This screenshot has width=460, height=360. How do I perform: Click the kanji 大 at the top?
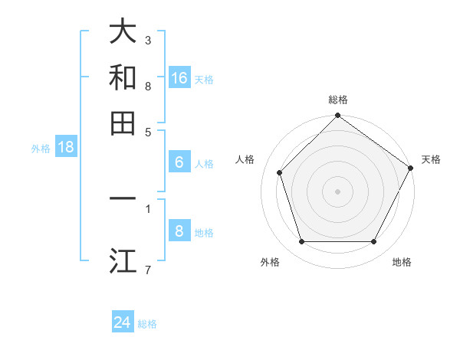pyautogui.click(x=123, y=32)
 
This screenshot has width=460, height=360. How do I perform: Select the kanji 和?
pyautogui.click(x=123, y=78)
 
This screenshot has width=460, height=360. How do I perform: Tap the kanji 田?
pyautogui.click(x=123, y=123)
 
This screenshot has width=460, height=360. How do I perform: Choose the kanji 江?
pyautogui.click(x=123, y=260)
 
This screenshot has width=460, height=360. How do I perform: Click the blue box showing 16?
pyautogui.click(x=179, y=78)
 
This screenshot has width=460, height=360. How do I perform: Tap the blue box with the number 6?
pyautogui.click(x=179, y=162)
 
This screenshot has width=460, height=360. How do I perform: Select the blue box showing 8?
pyautogui.click(x=179, y=231)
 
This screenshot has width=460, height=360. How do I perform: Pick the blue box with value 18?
pyautogui.click(x=66, y=148)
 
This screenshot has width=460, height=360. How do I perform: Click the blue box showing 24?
pyautogui.click(x=123, y=322)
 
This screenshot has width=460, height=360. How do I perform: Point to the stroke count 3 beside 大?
pyautogui.click(x=148, y=40)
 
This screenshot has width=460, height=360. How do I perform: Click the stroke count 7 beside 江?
pyautogui.click(x=148, y=269)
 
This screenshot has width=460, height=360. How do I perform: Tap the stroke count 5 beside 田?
pyautogui.click(x=148, y=132)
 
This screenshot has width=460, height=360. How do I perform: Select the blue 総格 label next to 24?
pyautogui.click(x=147, y=324)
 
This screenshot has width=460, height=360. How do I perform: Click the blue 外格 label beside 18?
pyautogui.click(x=41, y=149)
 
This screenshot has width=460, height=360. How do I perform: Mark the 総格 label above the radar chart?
pyautogui.click(x=337, y=100)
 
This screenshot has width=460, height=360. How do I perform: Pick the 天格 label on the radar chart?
pyautogui.click(x=431, y=159)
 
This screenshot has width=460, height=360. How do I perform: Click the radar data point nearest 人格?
pyautogui.click(x=280, y=172)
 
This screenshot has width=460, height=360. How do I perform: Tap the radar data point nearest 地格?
pyautogui.click(x=373, y=241)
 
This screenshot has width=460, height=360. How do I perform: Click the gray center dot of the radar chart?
pyautogui.click(x=337, y=191)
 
